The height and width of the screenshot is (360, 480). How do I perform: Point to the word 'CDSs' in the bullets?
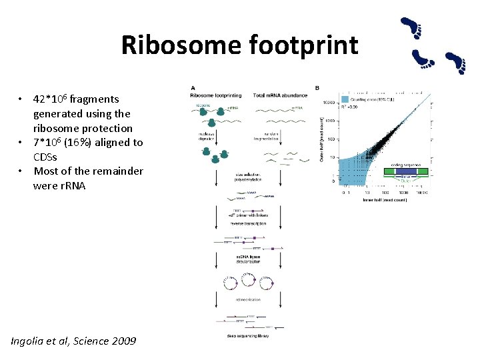click(x=46, y=157)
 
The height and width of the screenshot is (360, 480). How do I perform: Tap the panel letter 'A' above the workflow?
click(x=193, y=88)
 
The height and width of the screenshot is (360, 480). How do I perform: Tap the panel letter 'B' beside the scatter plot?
click(x=317, y=88)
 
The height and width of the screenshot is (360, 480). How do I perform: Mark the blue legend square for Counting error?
click(x=344, y=99)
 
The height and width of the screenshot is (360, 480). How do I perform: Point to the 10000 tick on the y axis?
click(x=329, y=103)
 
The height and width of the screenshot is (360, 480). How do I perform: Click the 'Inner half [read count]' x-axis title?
click(x=385, y=199)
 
